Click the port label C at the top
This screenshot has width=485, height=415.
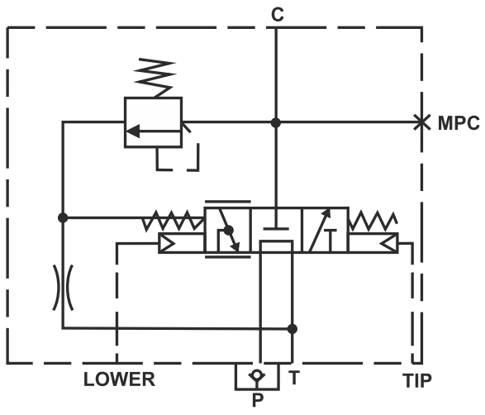277,15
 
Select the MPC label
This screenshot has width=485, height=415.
459,123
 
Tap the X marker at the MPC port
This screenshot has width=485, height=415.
422,122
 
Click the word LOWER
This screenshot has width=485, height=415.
119,379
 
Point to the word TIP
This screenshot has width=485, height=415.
416,380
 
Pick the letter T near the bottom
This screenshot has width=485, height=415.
294,377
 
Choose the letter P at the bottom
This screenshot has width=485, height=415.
258,400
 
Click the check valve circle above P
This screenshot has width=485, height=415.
256,374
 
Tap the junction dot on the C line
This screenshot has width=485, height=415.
276,122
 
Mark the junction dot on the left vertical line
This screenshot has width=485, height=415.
63,217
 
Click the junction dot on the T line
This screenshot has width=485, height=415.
292,329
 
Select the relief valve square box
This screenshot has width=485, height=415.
153,122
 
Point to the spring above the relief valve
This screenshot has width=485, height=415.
155,78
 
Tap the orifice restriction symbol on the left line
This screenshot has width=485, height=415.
63,288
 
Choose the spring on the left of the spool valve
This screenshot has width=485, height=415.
174,221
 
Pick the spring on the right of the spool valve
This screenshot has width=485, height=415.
373,221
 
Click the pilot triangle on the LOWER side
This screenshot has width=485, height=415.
167,243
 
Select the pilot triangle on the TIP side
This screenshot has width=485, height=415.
388,243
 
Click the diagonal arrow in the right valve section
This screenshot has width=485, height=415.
320,231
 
